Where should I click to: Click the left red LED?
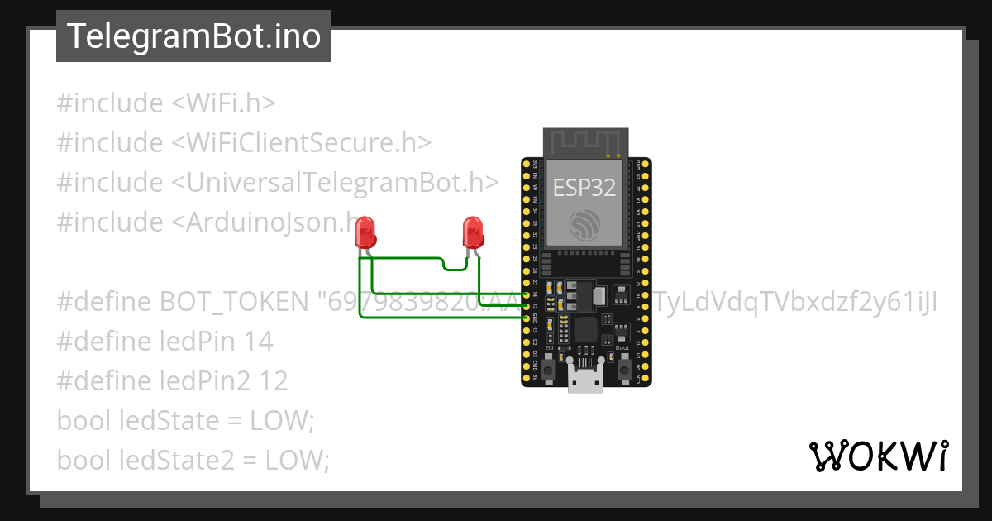click(365, 232)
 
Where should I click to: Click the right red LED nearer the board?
click(472, 232)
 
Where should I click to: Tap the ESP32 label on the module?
click(584, 188)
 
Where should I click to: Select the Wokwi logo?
click(878, 456)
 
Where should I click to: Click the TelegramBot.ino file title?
click(193, 36)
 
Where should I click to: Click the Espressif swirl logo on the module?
click(584, 224)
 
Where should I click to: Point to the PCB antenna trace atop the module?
click(584, 141)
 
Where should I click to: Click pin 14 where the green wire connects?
click(527, 294)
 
